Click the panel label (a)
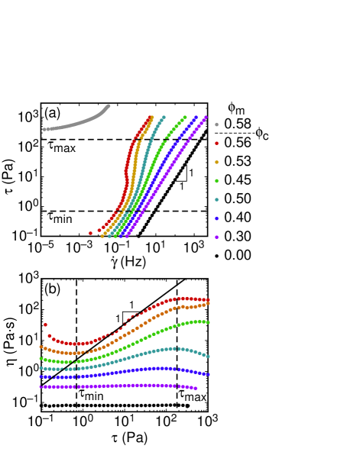tap(52, 114)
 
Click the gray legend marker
tap(217, 124)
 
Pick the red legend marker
tap(217, 143)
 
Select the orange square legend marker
tap(217, 162)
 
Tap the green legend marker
tap(217, 181)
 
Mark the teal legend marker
tap(217, 199)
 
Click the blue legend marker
tap(217, 218)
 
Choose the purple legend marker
tap(217, 237)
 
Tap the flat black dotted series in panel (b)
tap(122, 406)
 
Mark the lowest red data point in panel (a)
tap(91, 232)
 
